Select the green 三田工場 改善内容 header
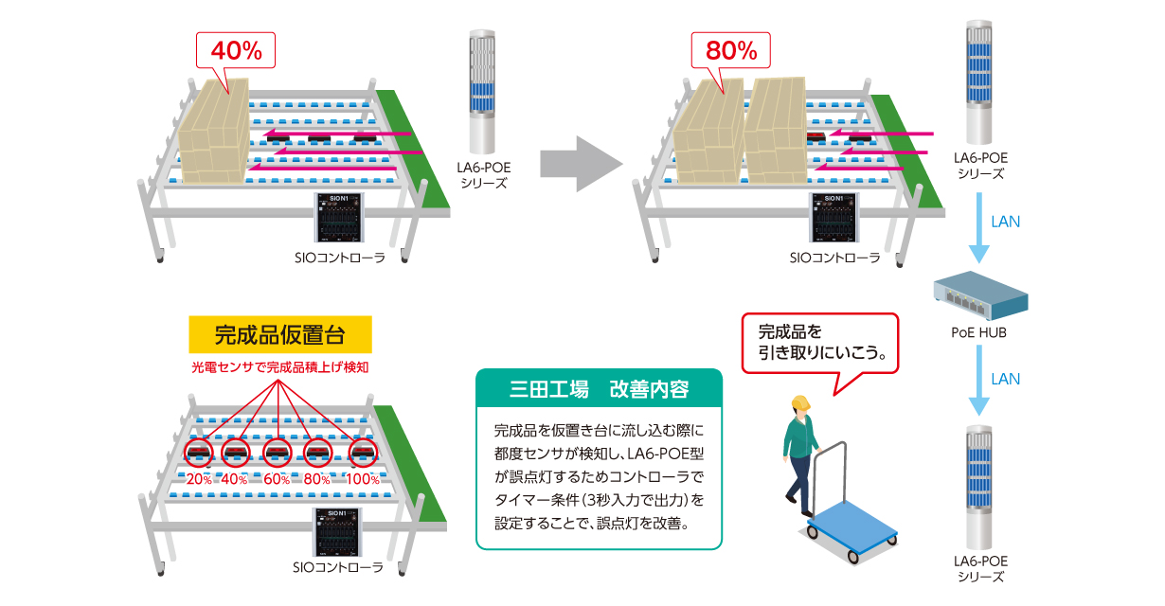click(x=599, y=389)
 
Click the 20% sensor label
click(x=200, y=479)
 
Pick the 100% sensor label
click(x=363, y=479)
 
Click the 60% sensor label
click(x=278, y=479)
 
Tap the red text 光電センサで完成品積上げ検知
click(x=278, y=365)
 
